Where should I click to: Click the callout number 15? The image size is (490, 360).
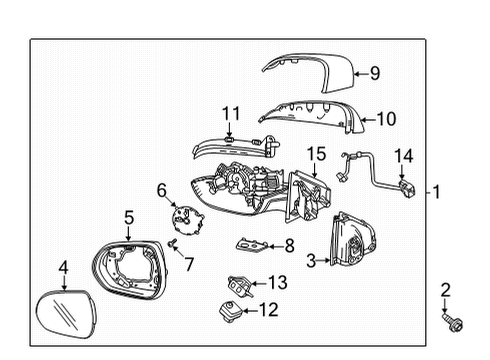point(316,154)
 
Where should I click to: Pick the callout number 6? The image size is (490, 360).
point(161,190)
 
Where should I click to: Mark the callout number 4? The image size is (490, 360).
point(62,268)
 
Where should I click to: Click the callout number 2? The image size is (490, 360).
point(447,291)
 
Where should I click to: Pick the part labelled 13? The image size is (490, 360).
point(238,283)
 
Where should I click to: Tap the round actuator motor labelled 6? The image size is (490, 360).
point(182,216)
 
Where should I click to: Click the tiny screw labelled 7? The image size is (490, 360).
point(171,242)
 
